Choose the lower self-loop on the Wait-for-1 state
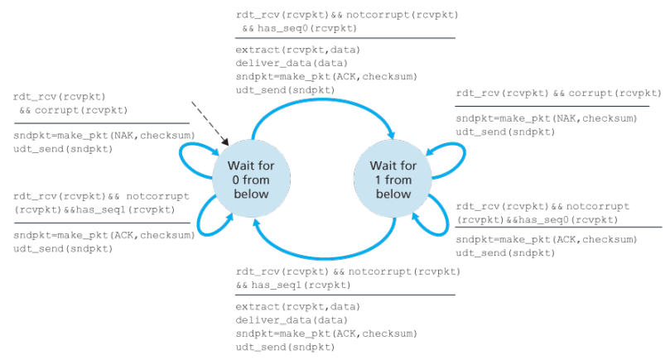[x=439, y=218]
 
